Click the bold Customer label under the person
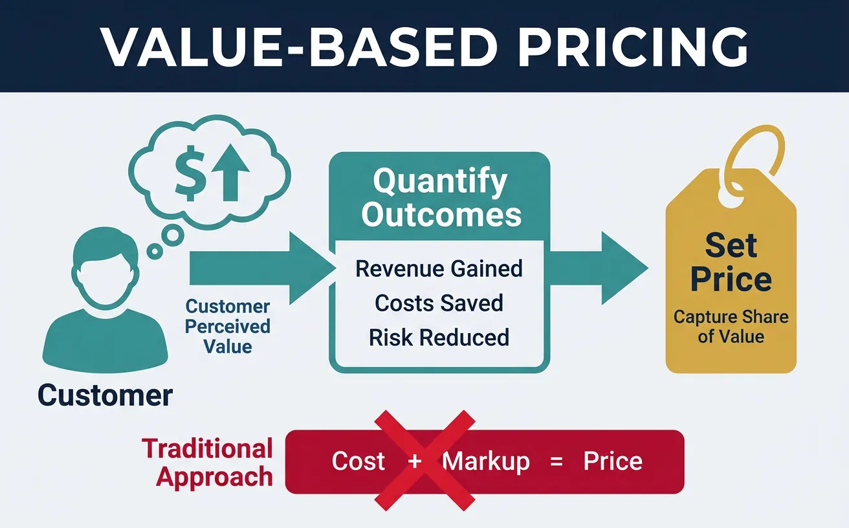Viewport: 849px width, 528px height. point(105,395)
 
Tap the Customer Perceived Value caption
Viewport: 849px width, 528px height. point(228,326)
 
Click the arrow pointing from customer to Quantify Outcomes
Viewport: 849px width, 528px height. point(259,268)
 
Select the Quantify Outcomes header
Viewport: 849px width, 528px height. point(441,198)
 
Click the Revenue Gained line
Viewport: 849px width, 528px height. point(439,269)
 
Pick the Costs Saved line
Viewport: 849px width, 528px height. point(439,303)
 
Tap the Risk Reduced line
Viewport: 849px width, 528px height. point(439,337)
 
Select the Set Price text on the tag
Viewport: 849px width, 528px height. point(731,263)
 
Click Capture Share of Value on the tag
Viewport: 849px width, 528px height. point(731,327)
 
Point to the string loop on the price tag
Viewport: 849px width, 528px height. point(753,162)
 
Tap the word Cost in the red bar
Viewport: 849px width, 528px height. point(358,461)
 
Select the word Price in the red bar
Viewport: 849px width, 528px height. point(613,461)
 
